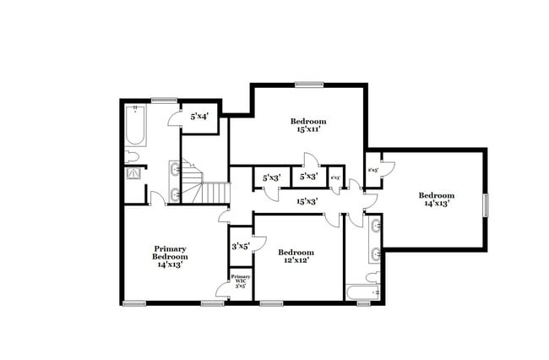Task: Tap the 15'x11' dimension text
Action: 311,130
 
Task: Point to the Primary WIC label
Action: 241,281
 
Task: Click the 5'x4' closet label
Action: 199,117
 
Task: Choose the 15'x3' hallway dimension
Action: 306,201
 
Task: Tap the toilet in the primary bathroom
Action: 132,156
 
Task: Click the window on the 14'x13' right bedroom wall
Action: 486,206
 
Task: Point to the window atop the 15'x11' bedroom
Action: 309,84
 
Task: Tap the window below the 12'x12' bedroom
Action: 270,303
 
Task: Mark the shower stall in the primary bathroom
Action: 133,174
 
